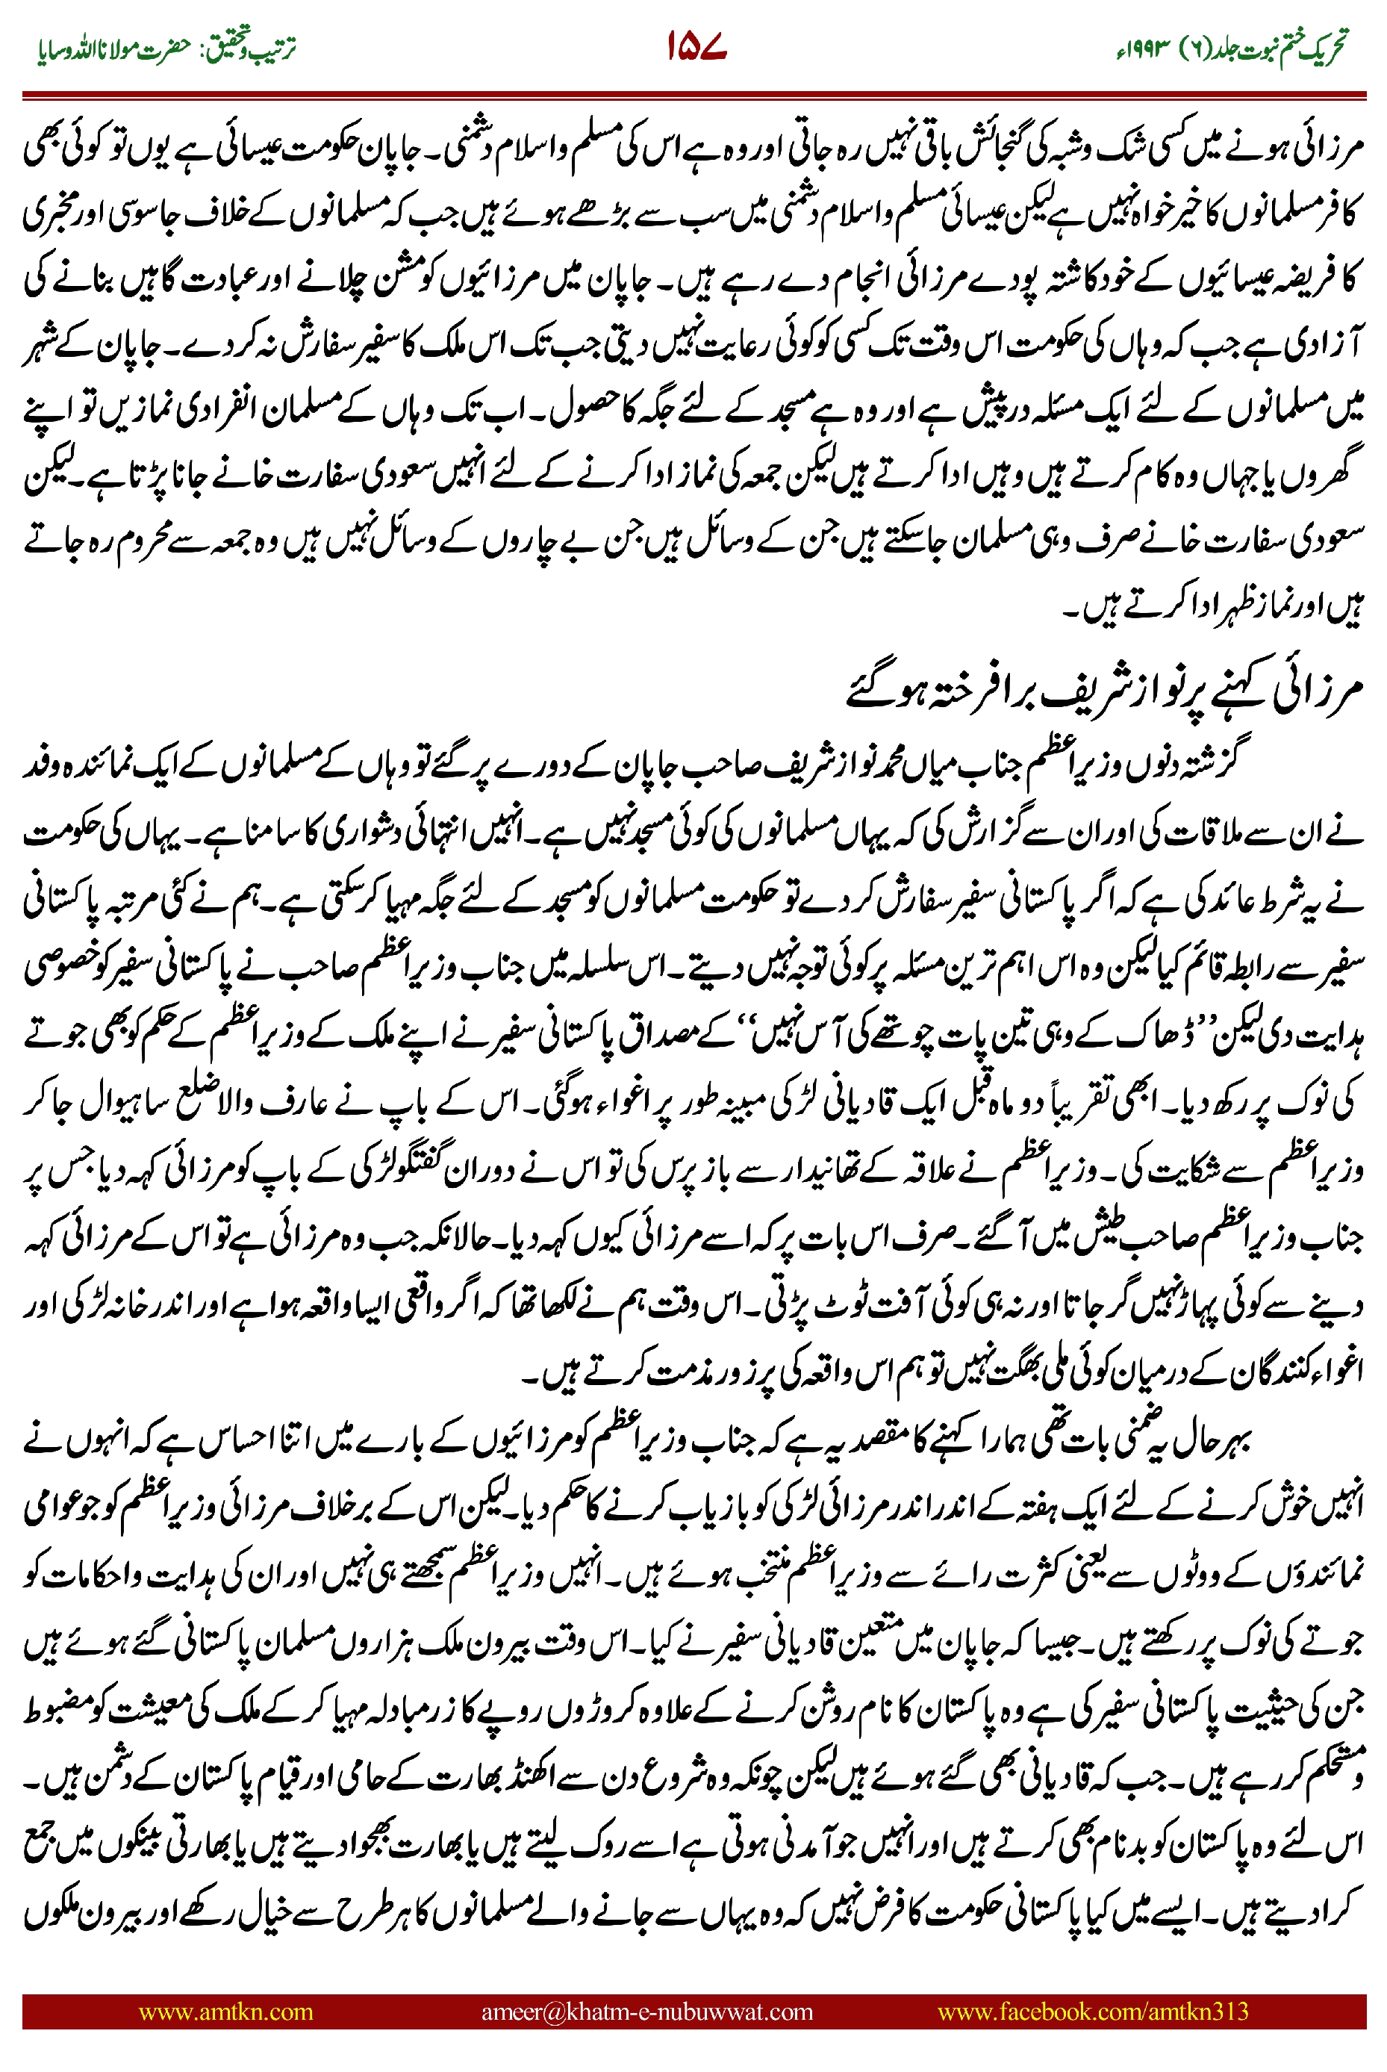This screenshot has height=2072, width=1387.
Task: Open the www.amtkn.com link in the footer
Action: tap(225, 2011)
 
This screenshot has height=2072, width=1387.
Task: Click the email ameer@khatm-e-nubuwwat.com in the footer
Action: tap(646, 2011)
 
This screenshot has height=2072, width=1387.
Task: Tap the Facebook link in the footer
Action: tap(1092, 2011)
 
